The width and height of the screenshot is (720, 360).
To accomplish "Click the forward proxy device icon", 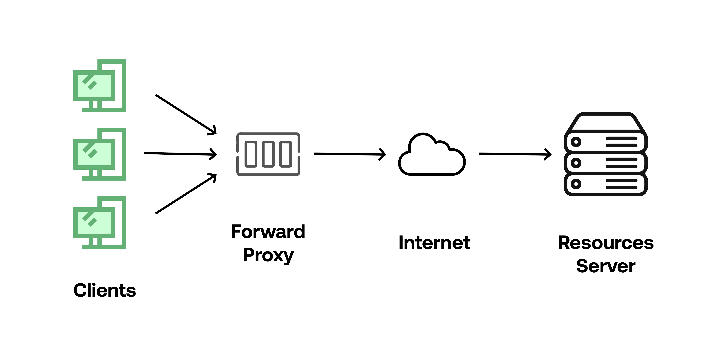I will point(268,154).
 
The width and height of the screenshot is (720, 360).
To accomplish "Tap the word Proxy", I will point(268,255).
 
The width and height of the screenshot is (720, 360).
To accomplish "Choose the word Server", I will point(606,266).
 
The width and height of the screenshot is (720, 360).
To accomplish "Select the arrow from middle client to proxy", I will point(180,154).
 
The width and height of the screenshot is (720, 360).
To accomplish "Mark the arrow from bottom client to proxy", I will point(186,194).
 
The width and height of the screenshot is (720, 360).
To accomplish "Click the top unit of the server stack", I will point(606,141).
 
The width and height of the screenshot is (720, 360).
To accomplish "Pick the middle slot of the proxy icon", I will point(268,154).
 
